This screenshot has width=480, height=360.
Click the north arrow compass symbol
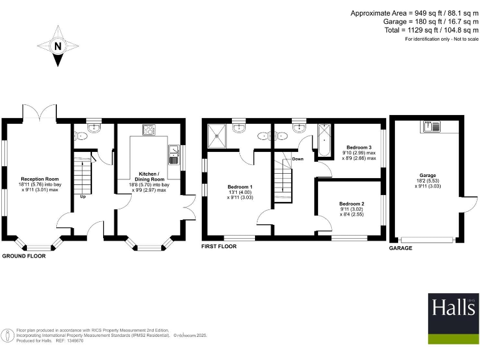click(x=57, y=46)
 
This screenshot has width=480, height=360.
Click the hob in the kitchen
click(x=150, y=131)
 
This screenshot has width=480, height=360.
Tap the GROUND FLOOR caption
click(x=26, y=256)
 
